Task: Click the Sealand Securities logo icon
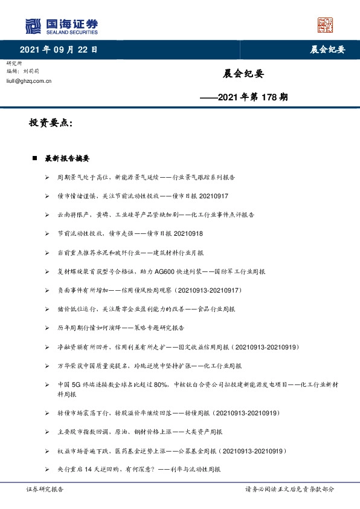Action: pyautogui.click(x=34, y=25)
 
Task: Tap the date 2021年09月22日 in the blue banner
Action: pyautogui.click(x=58, y=49)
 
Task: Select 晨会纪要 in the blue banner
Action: pyautogui.click(x=323, y=50)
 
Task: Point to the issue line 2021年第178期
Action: pyautogui.click(x=243, y=97)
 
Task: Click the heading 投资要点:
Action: pyautogui.click(x=51, y=123)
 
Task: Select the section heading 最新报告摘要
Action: pyautogui.click(x=67, y=158)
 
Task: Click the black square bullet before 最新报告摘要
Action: pyautogui.click(x=34, y=158)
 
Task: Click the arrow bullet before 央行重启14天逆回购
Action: pyautogui.click(x=48, y=469)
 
